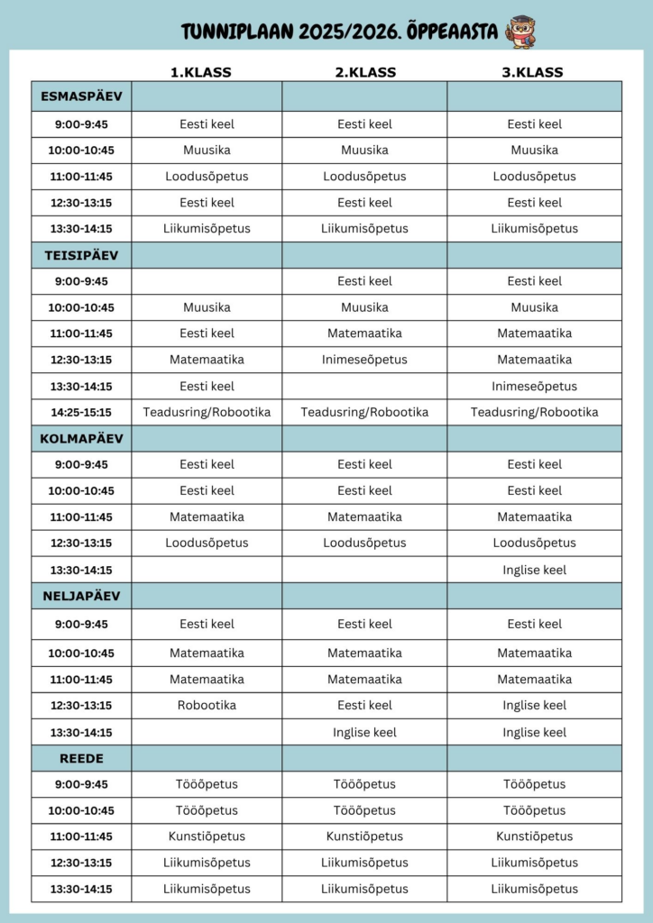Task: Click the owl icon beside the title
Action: [520, 32]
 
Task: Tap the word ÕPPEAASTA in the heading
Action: [456, 32]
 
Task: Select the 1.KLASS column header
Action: [201, 72]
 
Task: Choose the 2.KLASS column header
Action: [364, 72]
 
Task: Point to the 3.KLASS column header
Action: [532, 72]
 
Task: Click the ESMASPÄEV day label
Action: [81, 96]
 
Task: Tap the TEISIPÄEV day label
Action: [81, 255]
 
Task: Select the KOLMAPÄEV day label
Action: [81, 439]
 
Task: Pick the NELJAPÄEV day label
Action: [81, 596]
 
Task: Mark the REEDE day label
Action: [81, 758]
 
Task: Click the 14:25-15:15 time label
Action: [81, 413]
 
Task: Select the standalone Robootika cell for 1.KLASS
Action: [207, 705]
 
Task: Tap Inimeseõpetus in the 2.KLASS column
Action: [364, 360]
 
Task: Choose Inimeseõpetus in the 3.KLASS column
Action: [534, 387]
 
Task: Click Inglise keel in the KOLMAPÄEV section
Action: [534, 570]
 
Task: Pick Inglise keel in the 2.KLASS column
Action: [364, 732]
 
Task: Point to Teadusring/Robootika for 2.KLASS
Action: [364, 413]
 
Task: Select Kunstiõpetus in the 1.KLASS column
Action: [207, 836]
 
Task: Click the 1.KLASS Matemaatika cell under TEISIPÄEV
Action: [207, 360]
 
